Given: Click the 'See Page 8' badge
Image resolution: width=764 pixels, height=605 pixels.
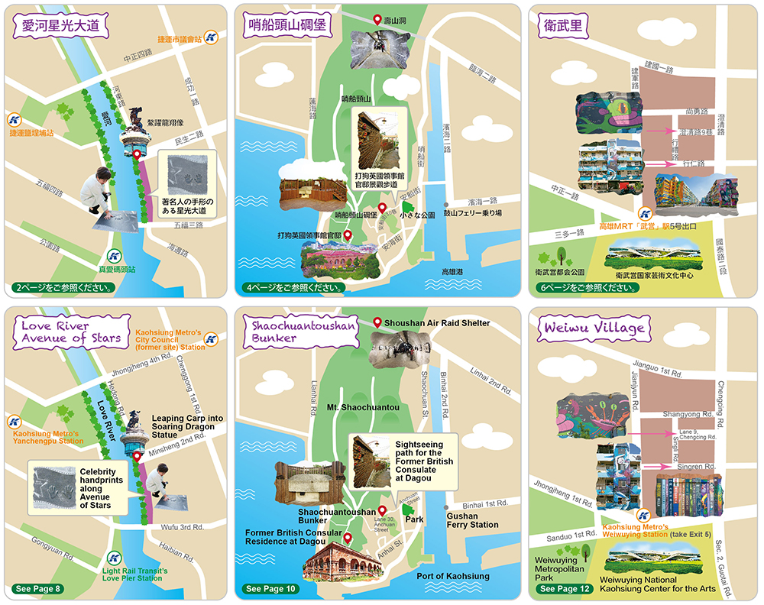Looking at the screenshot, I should coord(37,589).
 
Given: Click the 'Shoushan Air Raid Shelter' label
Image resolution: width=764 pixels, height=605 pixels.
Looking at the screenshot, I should coord(437,323).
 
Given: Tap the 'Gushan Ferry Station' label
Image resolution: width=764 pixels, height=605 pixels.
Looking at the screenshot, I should coord(473,520).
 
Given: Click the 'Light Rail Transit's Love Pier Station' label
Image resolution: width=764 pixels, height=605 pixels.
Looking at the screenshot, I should coord(134,574).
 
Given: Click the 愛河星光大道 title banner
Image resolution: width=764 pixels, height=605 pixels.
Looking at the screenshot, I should coord(61,26).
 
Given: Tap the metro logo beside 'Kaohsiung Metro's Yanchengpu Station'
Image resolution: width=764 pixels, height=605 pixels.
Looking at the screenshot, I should coord(14,421).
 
